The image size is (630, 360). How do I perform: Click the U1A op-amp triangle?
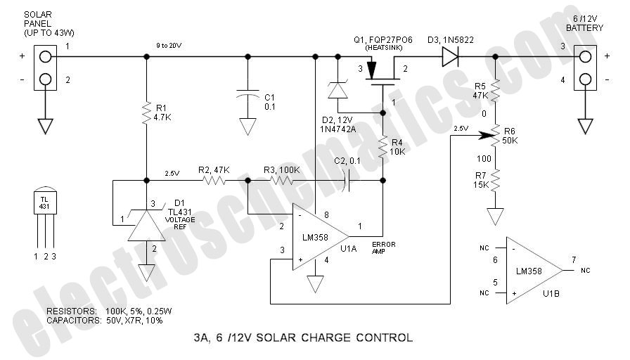click(321, 238)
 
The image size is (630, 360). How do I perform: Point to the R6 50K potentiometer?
click(495, 131)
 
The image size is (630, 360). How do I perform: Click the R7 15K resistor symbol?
click(495, 181)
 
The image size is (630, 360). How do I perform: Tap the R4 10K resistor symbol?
click(383, 148)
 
